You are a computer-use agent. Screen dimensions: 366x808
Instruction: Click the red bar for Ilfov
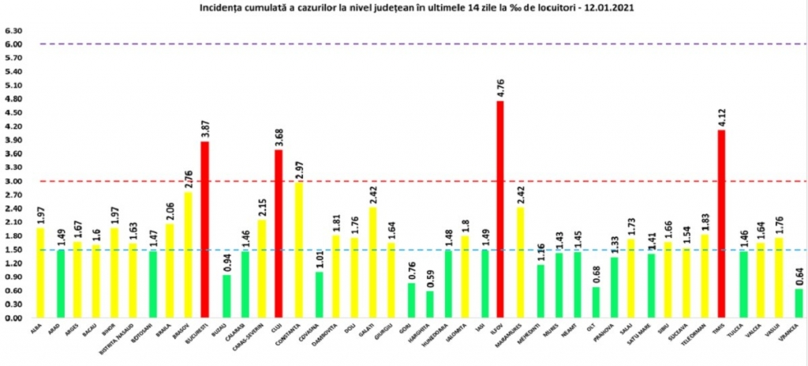pos(500,209)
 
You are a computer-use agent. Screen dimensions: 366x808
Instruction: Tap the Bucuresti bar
pos(205,229)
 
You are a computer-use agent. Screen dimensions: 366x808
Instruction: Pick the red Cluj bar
pos(279,233)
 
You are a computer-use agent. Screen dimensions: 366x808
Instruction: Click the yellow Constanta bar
pos(299,250)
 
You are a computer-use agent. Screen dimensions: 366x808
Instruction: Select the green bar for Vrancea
pos(799,303)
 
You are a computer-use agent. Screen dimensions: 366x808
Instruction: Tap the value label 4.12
pos(720,116)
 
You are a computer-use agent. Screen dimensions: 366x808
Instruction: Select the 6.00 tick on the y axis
pos(13,44)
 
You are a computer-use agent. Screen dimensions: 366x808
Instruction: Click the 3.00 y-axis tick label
pos(13,181)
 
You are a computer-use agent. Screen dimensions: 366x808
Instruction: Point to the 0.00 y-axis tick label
pos(13,318)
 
